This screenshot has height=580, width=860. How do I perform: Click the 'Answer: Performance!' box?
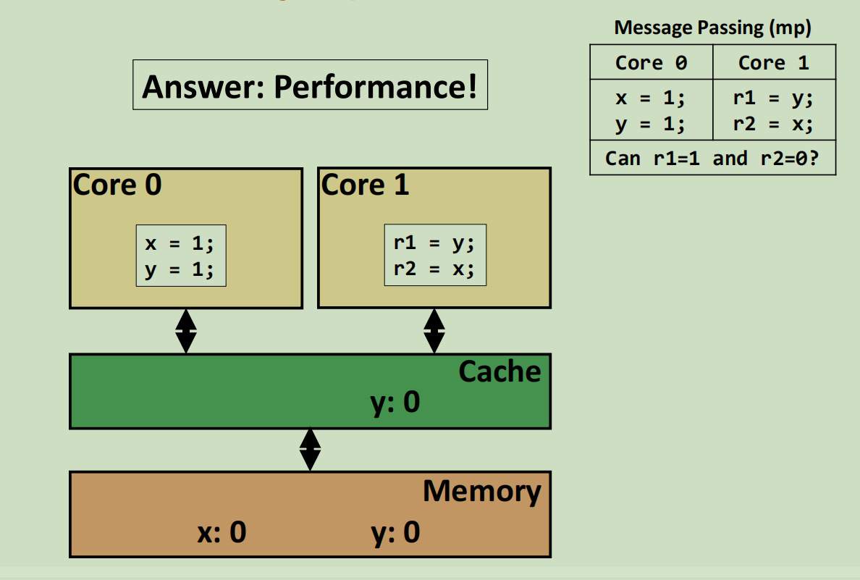[x=310, y=85]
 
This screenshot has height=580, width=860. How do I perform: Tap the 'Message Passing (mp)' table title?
[x=712, y=28]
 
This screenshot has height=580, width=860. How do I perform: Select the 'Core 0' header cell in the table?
[x=651, y=63]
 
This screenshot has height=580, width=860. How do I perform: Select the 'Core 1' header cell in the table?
[x=774, y=63]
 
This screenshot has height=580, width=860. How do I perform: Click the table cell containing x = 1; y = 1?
[x=651, y=110]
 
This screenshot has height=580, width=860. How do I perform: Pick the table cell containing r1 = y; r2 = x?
[x=774, y=110]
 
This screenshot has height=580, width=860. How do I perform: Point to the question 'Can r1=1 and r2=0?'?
[x=712, y=158]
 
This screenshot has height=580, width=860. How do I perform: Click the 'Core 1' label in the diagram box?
[x=365, y=185]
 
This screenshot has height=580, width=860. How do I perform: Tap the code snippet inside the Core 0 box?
[x=181, y=255]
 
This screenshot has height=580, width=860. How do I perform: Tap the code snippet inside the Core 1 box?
[x=434, y=255]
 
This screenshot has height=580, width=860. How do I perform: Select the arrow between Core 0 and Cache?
[x=186, y=331]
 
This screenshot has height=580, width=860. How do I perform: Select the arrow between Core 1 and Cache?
[x=434, y=331]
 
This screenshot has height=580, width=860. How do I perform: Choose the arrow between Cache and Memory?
[x=310, y=449]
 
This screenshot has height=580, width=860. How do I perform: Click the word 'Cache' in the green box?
[x=499, y=371]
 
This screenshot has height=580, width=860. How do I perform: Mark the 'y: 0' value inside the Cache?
[x=395, y=402]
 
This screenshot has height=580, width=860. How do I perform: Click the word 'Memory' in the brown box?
[x=481, y=491]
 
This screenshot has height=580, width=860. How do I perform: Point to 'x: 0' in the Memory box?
[x=222, y=532]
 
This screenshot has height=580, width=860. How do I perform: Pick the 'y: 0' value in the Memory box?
[x=395, y=532]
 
